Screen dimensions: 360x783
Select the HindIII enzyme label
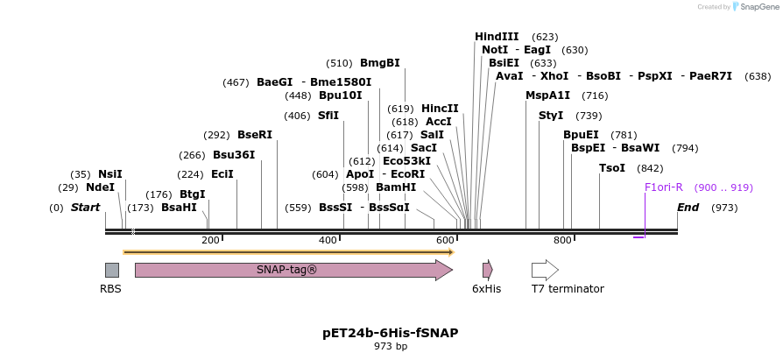497,37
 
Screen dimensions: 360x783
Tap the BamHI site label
396,187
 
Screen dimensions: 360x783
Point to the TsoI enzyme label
612,168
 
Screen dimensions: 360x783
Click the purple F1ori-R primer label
663,187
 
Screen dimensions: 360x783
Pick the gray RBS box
111,270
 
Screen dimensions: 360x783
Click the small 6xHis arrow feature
487,270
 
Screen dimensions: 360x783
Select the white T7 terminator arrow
544,270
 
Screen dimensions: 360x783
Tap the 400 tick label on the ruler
328,240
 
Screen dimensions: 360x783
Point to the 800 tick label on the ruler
562,240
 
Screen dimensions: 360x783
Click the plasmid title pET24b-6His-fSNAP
391,333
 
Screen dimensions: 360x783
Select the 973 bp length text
391,347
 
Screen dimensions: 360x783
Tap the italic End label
688,208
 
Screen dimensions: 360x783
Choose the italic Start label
85,208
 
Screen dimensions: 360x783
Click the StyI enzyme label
551,116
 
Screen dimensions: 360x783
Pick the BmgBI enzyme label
380,63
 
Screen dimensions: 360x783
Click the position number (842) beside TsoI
650,168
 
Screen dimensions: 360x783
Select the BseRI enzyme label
255,135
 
